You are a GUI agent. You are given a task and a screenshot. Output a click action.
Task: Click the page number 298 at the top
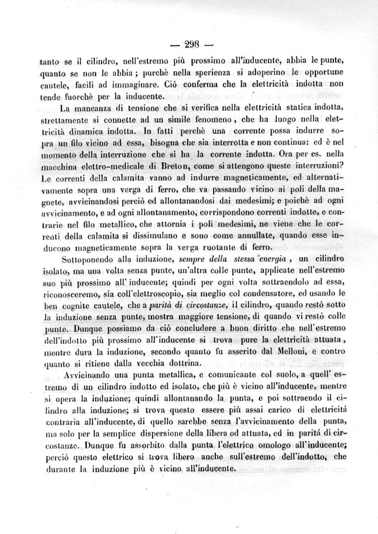pyautogui.click(x=189, y=45)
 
